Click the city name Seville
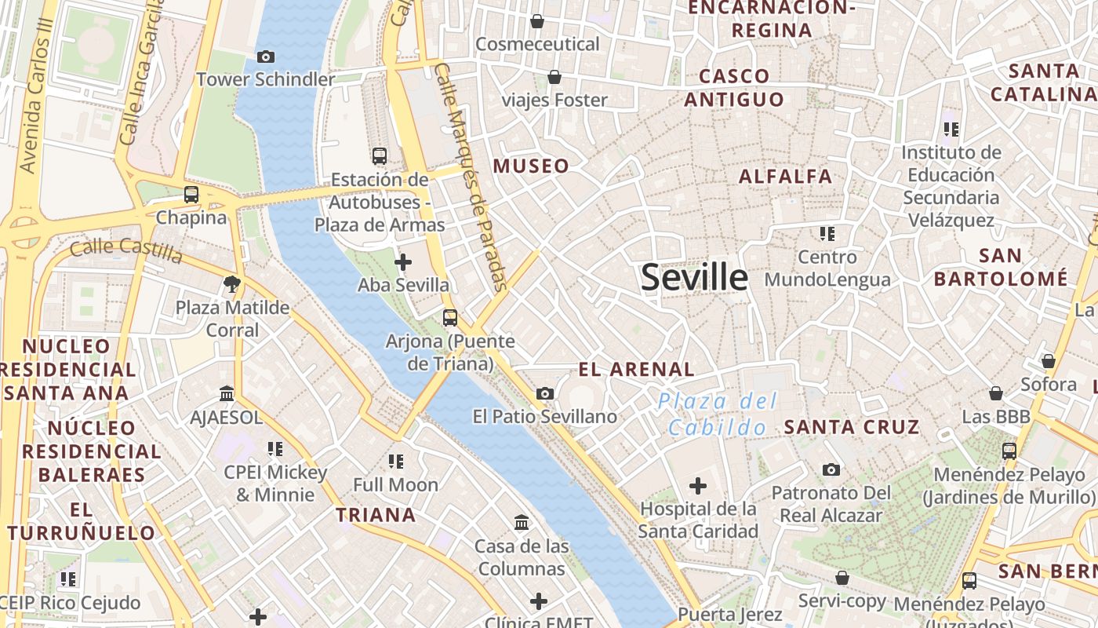point(694,278)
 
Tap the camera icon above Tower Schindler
point(266,57)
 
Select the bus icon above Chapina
point(191,195)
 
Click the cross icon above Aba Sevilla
point(403,262)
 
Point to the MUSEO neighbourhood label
point(531,166)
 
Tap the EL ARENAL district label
point(636,370)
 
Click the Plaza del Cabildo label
point(717,414)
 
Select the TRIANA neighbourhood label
point(376,515)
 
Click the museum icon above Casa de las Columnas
point(522,523)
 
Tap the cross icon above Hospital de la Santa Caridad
point(697,486)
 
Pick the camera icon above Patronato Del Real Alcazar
point(831,470)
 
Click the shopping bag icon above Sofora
point(1048,361)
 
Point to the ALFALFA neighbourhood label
point(785,177)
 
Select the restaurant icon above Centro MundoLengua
point(827,234)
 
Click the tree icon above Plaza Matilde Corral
point(232,284)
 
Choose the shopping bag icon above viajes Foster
point(554,77)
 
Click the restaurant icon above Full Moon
point(396,462)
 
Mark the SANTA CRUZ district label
point(852,428)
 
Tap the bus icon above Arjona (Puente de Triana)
point(450,318)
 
